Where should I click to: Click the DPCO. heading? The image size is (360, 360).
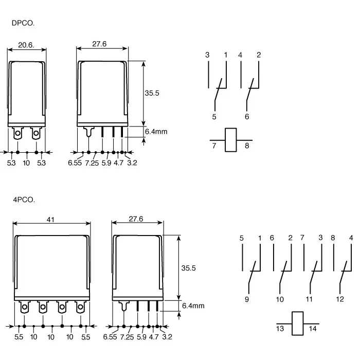coord(23,23)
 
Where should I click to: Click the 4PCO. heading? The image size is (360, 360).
coord(24,200)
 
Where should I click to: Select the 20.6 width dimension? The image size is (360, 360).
coord(26,45)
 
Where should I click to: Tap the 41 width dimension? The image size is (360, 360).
coord(50,220)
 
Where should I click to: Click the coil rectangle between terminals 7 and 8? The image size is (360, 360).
coord(230,140)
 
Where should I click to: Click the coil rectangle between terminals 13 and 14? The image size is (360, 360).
coord(297,323)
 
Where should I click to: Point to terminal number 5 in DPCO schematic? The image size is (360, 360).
coord(214,117)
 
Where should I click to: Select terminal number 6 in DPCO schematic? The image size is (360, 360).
coord(247,117)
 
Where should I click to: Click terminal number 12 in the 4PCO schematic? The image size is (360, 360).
coord(340,299)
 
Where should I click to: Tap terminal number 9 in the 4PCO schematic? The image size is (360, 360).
coord(247,299)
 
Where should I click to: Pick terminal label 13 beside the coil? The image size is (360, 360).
coord(280,329)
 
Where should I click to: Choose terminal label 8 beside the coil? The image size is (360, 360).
coord(247,146)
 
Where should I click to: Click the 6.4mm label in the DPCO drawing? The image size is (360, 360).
coord(156,132)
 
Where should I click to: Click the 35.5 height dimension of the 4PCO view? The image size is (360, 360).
coord(189,268)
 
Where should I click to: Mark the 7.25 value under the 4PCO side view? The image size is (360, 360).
coord(128,337)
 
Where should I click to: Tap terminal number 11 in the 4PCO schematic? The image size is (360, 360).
coord(309,299)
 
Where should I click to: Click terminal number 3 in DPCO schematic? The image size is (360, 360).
coord(207,55)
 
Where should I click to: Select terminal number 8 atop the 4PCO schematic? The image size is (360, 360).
coord(333,238)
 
